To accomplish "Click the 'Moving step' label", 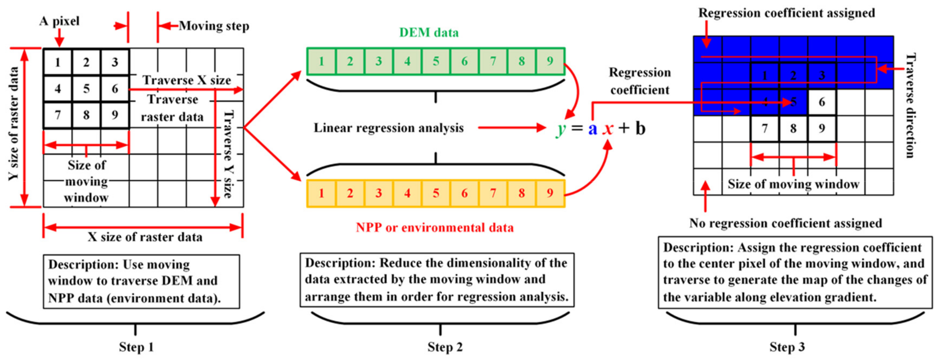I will click(214, 26).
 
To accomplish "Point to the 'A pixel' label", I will click(59, 21).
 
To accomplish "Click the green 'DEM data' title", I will click(428, 33).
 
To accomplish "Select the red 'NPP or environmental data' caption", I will click(435, 227).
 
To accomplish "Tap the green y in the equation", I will click(560, 129).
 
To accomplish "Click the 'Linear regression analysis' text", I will click(389, 128).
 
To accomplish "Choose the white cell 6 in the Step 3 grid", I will click(822, 102).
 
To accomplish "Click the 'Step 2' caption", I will click(445, 347).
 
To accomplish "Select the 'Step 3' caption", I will click(787, 347).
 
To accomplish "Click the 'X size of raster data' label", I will click(145, 237).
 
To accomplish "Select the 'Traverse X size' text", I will click(187, 80).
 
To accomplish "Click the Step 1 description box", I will click(141, 281).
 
